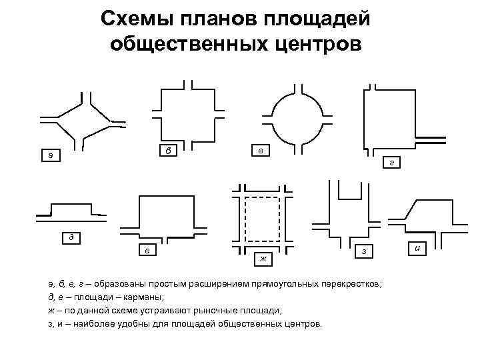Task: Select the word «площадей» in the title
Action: (321, 18)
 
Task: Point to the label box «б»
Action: (168, 150)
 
